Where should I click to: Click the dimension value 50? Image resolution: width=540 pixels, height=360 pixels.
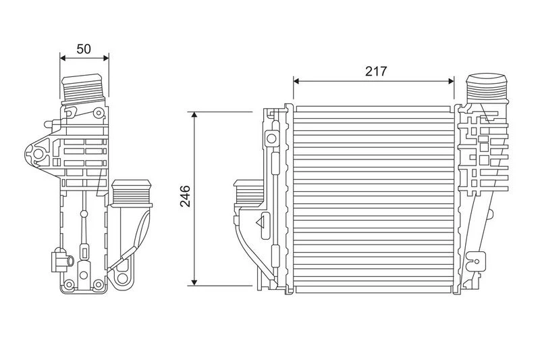pyautogui.click(x=84, y=49)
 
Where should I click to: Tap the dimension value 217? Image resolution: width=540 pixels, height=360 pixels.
pyautogui.click(x=376, y=72)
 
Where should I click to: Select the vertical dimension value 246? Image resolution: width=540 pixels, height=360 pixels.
pyautogui.click(x=185, y=196)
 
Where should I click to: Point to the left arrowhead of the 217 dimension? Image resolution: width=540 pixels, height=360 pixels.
pyautogui.click(x=296, y=81)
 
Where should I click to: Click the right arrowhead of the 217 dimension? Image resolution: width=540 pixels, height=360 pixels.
pyautogui.click(x=451, y=81)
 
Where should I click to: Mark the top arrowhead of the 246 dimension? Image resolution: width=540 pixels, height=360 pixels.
pyautogui.click(x=194, y=115)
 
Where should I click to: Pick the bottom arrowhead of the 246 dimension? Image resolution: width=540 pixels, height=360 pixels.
pyautogui.click(x=194, y=282)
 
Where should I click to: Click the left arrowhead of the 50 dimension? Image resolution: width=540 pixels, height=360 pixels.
pyautogui.click(x=63, y=58)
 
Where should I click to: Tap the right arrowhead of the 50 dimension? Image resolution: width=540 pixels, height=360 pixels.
pyautogui.click(x=106, y=58)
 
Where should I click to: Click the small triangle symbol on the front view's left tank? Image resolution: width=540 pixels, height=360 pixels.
pyautogui.click(x=261, y=223)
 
